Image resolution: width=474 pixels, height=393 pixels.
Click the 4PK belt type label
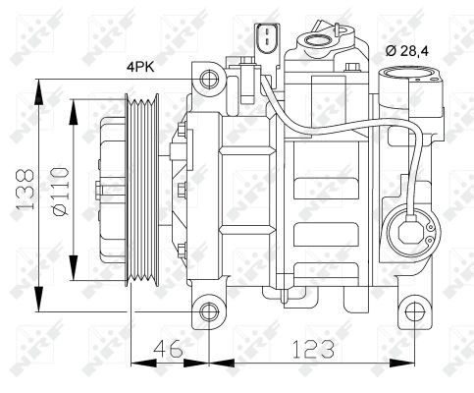point(140,68)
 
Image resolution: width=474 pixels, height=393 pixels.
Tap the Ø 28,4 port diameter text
point(406,51)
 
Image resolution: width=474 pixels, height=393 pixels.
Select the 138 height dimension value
point(25,189)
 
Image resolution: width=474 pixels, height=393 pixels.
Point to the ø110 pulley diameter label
point(60,192)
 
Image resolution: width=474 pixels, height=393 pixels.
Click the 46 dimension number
point(168,349)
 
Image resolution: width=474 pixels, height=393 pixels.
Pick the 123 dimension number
point(313,349)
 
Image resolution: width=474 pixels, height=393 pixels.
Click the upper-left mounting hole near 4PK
point(209,80)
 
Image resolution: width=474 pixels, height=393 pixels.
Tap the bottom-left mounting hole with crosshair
point(209,311)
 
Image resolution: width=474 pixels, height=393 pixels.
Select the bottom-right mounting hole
point(414,311)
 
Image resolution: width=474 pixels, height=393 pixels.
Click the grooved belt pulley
point(142,190)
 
